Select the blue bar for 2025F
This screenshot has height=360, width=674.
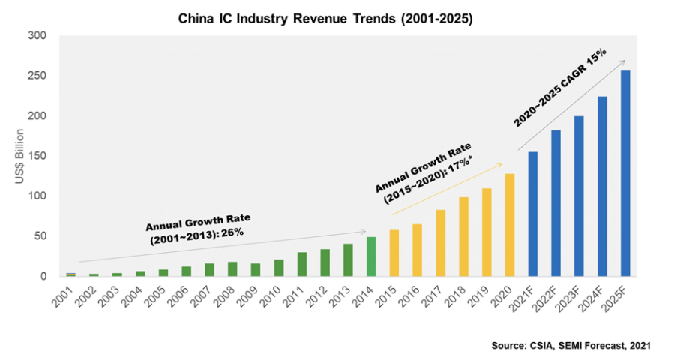(x=625, y=173)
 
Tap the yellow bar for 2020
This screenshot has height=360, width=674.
(x=510, y=225)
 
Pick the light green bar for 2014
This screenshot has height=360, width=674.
(x=370, y=256)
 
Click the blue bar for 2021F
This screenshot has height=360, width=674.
(x=533, y=214)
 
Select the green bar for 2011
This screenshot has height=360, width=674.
(x=301, y=264)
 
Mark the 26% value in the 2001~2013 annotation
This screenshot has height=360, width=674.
(x=234, y=232)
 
